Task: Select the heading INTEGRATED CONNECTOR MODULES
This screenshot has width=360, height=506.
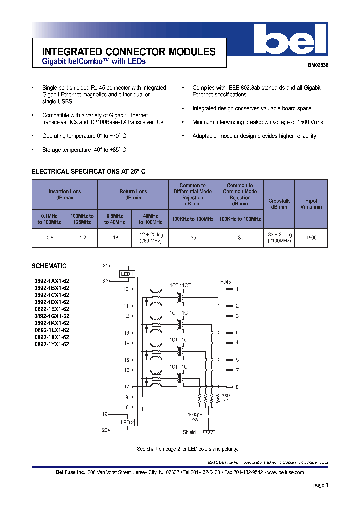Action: pyautogui.click(x=129, y=52)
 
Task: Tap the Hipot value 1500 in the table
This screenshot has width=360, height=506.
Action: pyautogui.click(x=311, y=238)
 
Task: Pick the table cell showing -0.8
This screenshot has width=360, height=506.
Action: pyautogui.click(x=49, y=238)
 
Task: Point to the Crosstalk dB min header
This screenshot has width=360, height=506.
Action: pyautogui.click(x=279, y=204)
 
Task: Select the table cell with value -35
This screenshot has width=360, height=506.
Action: pyautogui.click(x=192, y=238)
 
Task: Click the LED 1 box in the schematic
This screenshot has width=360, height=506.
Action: pyautogui.click(x=127, y=274)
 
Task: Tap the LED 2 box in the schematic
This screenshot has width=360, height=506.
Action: pyautogui.click(x=127, y=422)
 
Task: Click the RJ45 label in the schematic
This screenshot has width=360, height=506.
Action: pyautogui.click(x=225, y=282)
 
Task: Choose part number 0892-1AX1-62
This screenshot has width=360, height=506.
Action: pyautogui.click(x=52, y=281)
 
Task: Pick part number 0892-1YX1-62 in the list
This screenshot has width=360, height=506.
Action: pyautogui.click(x=52, y=344)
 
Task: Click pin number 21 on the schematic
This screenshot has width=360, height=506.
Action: pyautogui.click(x=105, y=266)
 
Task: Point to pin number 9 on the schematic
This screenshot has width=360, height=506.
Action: pyautogui.click(x=126, y=397)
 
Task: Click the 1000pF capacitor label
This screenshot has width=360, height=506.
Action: pyautogui.click(x=194, y=415)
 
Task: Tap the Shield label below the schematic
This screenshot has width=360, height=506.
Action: pyautogui.click(x=189, y=433)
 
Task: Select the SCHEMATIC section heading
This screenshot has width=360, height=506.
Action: pyautogui.click(x=49, y=266)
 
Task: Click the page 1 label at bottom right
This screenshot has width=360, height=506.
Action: pyautogui.click(x=320, y=485)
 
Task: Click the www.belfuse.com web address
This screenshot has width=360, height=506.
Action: pyautogui.click(x=285, y=472)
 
